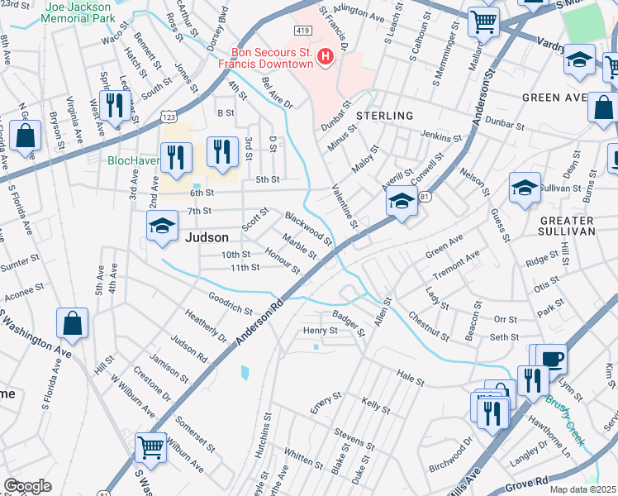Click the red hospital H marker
tap(326, 57)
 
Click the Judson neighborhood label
tap(207, 236)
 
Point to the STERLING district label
tap(384, 116)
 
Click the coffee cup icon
tap(551, 359)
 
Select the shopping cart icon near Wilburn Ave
tap(151, 447)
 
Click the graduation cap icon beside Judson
tap(163, 226)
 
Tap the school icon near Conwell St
tap(402, 200)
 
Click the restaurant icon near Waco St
tap(114, 105)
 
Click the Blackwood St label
tap(307, 229)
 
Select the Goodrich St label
tap(231, 303)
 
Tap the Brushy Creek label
tap(565, 421)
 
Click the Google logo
tap(27, 486)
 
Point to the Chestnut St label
tap(428, 327)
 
